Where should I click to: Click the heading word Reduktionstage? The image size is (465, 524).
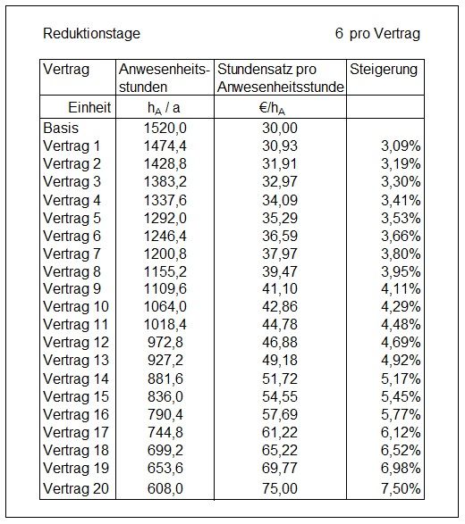91,34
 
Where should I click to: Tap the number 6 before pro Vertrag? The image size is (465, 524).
339,33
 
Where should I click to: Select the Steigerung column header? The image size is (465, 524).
384,70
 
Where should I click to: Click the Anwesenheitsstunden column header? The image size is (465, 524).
164,79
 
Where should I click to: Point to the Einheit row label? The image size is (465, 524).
89,108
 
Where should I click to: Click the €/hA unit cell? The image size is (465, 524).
272,108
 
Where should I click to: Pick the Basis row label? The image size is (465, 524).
61,128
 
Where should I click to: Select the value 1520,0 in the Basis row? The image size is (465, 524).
165,128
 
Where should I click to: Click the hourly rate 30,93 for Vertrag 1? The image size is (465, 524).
280,146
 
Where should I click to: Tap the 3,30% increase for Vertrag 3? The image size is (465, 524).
401,182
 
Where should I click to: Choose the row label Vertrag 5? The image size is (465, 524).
72,218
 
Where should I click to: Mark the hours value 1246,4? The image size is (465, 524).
165,236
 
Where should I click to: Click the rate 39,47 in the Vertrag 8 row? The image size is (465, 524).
280,271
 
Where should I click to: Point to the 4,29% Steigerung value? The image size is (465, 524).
401,307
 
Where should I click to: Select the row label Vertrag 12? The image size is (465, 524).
76,343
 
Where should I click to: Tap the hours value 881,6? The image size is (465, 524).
165,379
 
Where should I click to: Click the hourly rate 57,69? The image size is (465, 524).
280,415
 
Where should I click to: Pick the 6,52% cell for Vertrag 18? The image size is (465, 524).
401,451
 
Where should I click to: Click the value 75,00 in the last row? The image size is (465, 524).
280,488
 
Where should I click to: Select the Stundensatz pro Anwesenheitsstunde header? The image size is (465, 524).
281,79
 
